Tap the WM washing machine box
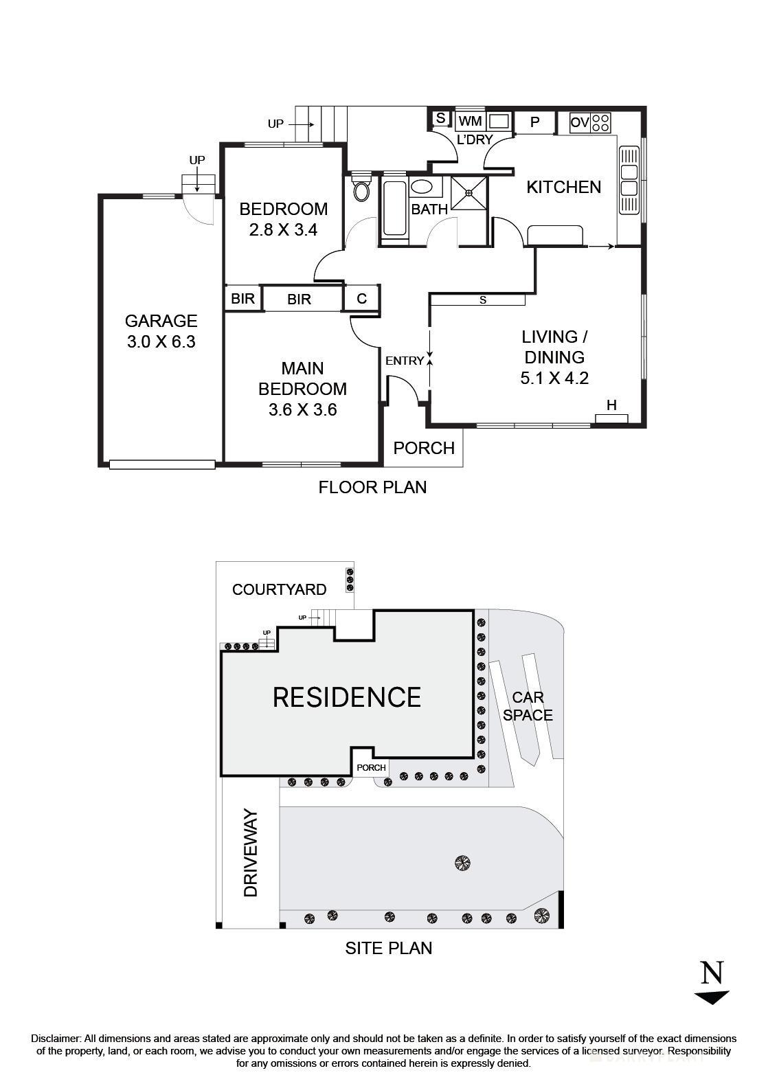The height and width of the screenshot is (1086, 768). point(471,122)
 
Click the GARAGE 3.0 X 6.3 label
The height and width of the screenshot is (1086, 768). point(161,331)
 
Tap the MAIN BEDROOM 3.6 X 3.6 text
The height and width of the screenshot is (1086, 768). point(302,389)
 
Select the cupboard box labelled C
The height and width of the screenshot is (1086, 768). point(362,299)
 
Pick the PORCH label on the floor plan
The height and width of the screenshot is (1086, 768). point(424,449)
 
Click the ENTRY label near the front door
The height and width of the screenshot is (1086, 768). point(405,361)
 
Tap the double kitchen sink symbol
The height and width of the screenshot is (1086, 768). point(629,181)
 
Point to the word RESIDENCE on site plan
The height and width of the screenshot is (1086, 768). point(347,697)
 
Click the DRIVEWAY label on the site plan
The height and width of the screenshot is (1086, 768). point(251,853)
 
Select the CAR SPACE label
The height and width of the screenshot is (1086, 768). point(528,706)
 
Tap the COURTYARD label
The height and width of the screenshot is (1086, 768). point(279,589)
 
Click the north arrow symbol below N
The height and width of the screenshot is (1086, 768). point(712,997)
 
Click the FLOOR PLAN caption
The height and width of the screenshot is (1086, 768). point(372,487)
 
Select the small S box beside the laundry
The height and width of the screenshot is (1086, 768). point(440,118)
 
